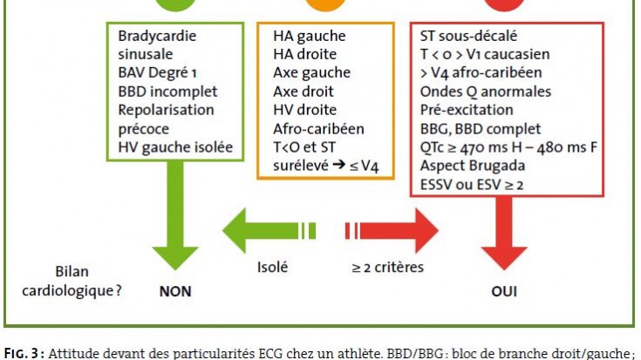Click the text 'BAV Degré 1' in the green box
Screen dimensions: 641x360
point(157,72)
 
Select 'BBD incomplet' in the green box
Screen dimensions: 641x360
point(167,92)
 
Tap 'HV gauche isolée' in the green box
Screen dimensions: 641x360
point(175,147)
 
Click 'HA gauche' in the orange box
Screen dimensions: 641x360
point(310,36)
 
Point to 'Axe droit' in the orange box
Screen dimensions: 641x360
point(303,92)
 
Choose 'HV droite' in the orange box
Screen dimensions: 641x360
point(305,110)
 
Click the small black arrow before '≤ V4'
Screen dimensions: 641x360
point(339,165)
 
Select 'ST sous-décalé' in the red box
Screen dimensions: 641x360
point(468,36)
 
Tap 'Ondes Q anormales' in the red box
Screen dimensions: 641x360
point(486,92)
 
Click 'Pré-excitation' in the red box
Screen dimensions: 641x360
point(467,110)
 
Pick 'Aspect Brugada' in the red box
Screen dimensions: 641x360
point(473,166)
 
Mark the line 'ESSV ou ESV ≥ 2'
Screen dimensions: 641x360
point(472,184)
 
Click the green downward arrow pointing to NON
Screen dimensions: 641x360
point(175,215)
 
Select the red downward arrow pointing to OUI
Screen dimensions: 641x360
point(504,233)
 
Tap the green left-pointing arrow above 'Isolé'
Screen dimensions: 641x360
point(269,230)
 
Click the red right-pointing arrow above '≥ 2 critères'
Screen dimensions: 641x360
point(392,230)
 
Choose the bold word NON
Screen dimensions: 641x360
point(175,291)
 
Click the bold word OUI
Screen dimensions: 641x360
point(504,291)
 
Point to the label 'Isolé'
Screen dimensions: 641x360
point(272,268)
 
